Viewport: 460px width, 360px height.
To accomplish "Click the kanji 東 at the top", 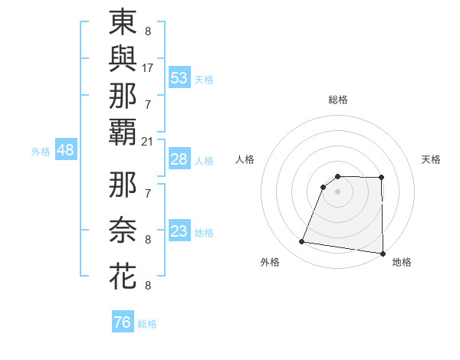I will point(123,22).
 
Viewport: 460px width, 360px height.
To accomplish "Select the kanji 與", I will point(123,59).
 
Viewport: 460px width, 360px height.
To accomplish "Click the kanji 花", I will point(123,276).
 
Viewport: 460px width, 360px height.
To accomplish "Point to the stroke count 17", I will point(148,68).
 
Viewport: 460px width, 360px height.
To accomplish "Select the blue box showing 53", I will point(179,77).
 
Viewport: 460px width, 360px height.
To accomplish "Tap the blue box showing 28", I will point(179,159).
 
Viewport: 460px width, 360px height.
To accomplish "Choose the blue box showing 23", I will point(179,231).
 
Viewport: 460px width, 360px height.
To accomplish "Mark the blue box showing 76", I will point(122,322).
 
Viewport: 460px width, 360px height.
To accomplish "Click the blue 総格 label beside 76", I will point(148,324).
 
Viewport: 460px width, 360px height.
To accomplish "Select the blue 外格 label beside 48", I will point(41,152).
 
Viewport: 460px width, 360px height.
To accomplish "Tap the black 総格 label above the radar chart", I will point(338,100).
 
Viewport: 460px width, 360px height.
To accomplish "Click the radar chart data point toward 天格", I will point(382,178).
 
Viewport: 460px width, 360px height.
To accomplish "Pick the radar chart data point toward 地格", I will point(383,254).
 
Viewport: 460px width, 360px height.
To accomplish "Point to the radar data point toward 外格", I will point(302,242).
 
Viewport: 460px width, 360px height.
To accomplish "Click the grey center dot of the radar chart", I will point(337,191).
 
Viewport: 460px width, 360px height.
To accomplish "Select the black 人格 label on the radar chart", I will point(245,159).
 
